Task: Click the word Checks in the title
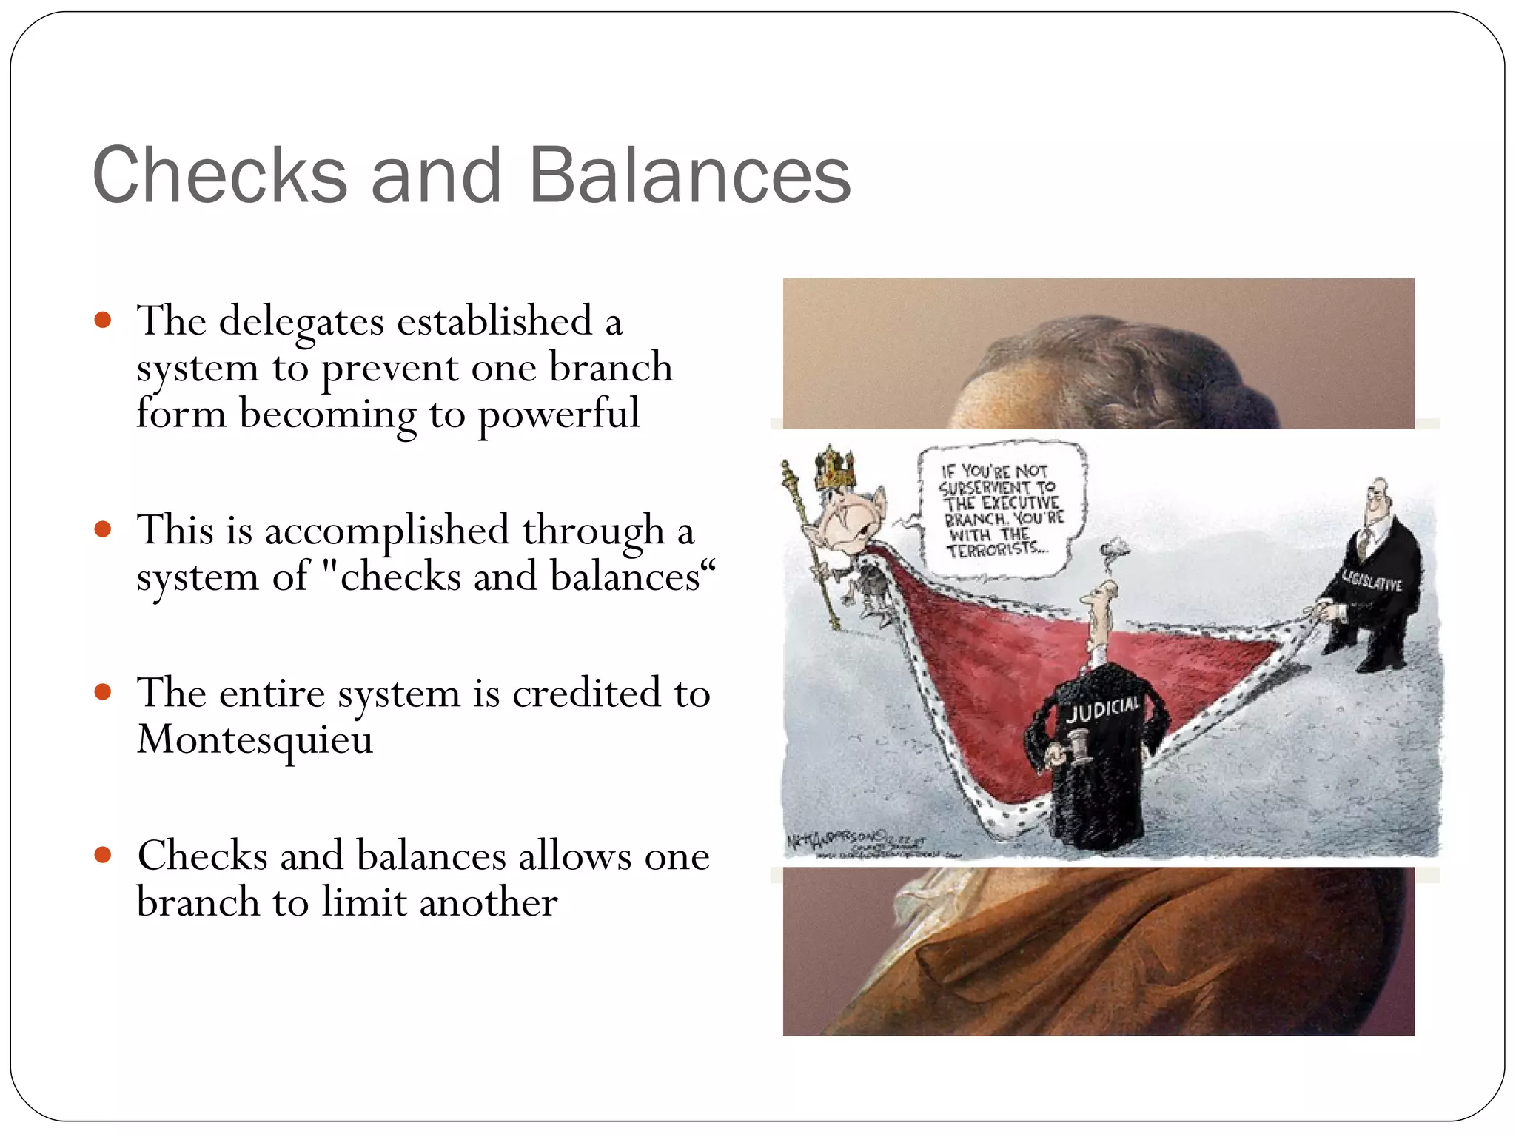click(220, 175)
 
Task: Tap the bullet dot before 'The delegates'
click(103, 321)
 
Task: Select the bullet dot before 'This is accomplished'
click(103, 529)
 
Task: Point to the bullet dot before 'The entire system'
click(103, 692)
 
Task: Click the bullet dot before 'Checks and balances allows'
click(103, 856)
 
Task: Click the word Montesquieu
click(255, 739)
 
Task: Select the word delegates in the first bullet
click(301, 323)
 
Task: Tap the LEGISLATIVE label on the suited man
click(1372, 582)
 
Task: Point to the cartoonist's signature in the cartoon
click(840, 839)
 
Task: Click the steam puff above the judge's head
click(1113, 550)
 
